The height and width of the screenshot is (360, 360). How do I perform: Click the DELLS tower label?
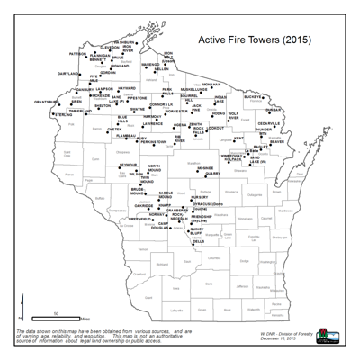[199, 242]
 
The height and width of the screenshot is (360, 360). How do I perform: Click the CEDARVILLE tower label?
[269, 122]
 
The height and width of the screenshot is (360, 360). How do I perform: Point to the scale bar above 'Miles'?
[55, 315]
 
